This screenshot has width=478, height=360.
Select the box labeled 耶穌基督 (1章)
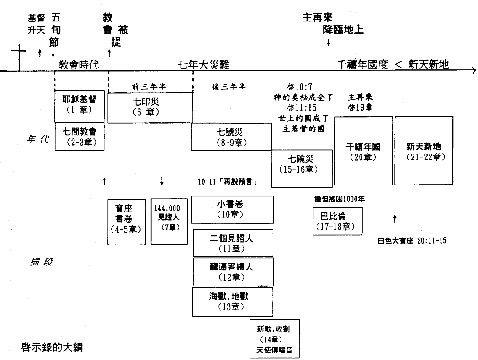(x=80, y=106)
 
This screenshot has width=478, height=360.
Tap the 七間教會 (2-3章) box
(x=80, y=136)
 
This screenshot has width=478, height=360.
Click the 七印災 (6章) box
(x=150, y=107)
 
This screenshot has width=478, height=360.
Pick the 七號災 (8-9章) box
(x=231, y=137)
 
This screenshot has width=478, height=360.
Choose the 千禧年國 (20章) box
(x=363, y=151)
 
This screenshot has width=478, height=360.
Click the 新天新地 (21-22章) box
(x=424, y=151)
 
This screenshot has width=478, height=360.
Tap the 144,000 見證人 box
(x=167, y=221)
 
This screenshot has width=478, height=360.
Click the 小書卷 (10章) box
(x=233, y=210)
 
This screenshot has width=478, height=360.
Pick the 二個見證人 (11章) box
(x=233, y=243)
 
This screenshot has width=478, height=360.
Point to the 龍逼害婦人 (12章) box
(x=233, y=271)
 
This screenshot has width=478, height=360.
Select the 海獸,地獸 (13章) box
(x=233, y=301)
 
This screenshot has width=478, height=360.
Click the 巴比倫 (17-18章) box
(x=338, y=221)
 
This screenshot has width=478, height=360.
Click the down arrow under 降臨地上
(x=328, y=42)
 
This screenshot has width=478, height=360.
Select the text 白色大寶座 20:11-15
(x=412, y=240)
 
